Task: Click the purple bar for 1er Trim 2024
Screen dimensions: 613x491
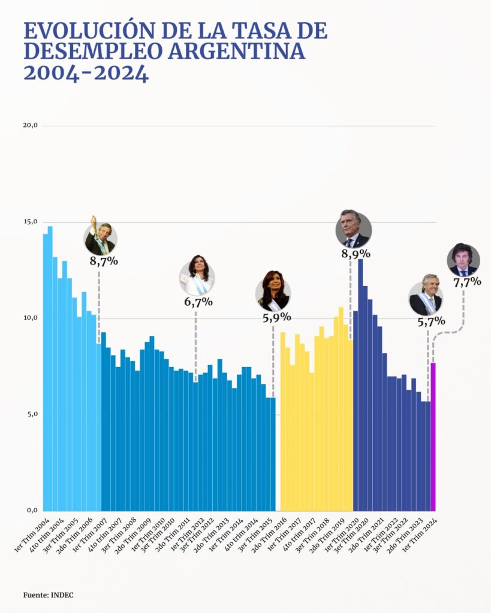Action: coord(433,437)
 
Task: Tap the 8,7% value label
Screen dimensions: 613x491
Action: coord(104,261)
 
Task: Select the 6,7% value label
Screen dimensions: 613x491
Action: coord(198,302)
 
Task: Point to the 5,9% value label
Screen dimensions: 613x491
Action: coord(276,317)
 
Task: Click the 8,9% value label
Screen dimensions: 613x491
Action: coord(356,254)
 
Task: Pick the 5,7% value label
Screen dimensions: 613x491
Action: coord(430,321)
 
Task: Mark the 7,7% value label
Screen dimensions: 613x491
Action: coord(467,282)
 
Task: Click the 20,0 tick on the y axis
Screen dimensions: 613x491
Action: coord(30,126)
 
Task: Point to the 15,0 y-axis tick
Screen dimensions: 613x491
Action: coord(30,222)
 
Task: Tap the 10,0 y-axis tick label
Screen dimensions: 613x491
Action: coord(30,318)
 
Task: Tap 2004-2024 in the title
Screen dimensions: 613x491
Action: coord(86,74)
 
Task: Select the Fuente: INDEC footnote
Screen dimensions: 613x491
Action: coord(49,594)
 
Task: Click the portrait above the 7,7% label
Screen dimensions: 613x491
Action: coord(463,260)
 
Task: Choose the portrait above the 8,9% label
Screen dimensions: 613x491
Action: coord(353,229)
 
